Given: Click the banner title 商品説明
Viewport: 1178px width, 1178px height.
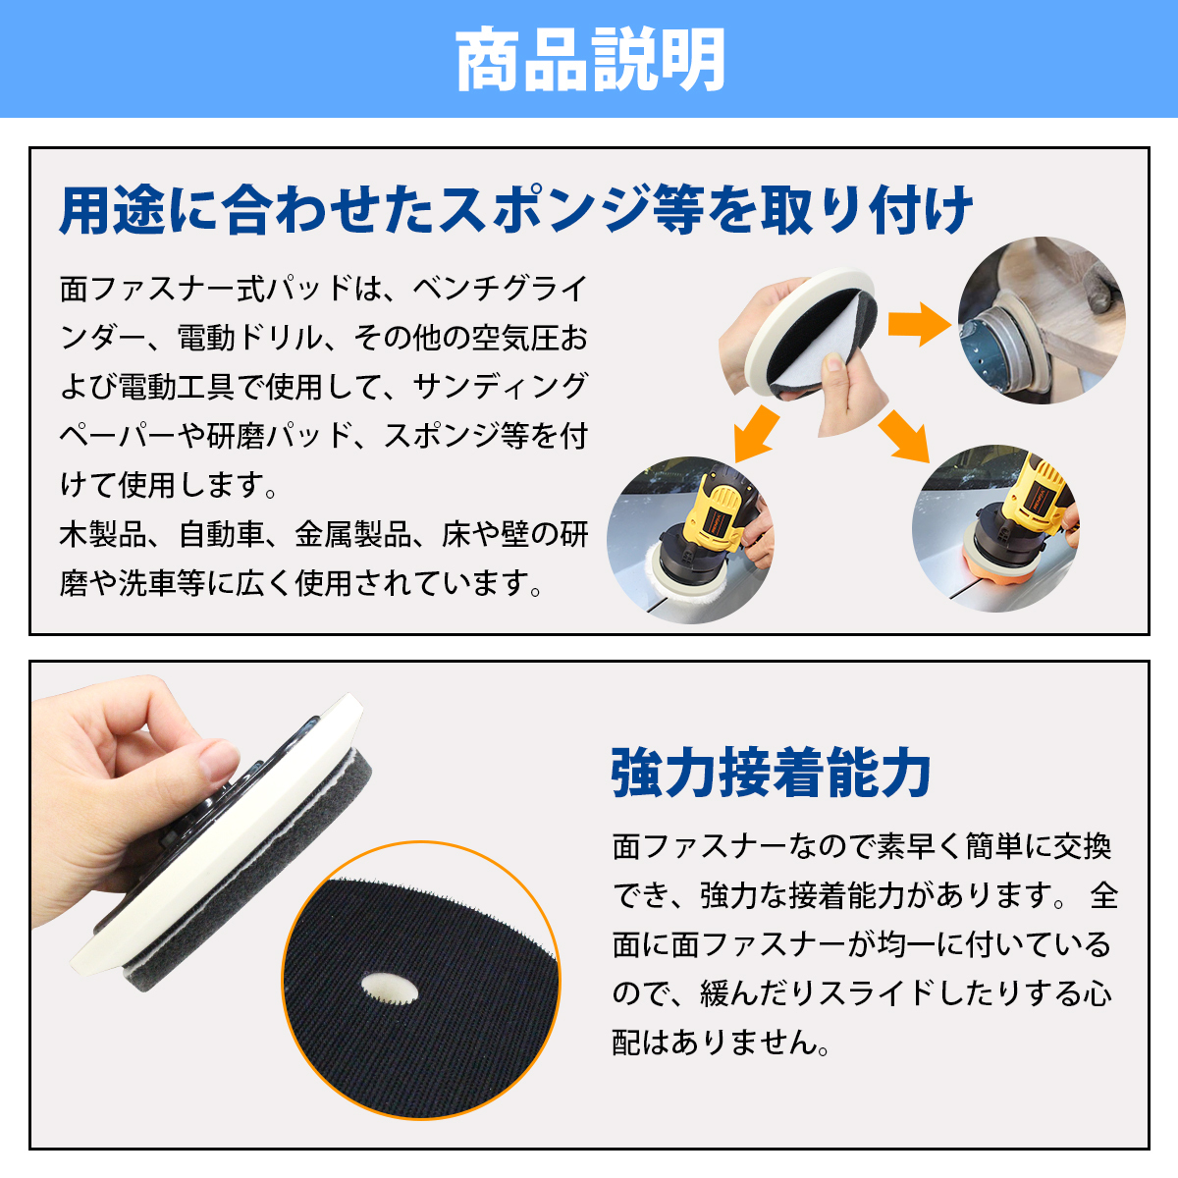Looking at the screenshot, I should (x=589, y=59).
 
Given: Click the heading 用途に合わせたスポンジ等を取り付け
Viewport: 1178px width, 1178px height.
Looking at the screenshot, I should (x=515, y=210).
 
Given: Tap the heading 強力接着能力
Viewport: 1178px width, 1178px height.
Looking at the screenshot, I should (x=771, y=773).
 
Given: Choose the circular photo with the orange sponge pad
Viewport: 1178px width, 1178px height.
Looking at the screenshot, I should (x=995, y=530).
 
